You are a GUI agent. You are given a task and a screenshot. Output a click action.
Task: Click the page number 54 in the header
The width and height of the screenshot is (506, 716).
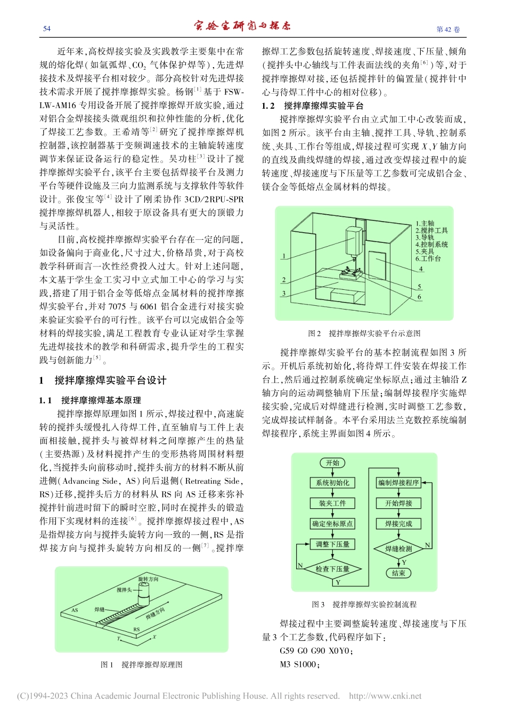click(x=47, y=29)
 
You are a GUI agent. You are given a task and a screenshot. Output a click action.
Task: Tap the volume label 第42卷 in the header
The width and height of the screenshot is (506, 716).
click(x=448, y=29)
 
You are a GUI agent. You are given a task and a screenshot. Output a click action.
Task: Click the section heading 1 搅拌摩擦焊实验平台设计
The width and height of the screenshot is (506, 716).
click(x=103, y=380)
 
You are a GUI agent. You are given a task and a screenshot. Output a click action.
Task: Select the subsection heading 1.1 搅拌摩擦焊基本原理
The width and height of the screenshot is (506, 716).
click(x=90, y=400)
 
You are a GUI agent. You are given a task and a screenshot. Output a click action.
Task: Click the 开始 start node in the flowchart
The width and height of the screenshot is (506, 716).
click(x=332, y=463)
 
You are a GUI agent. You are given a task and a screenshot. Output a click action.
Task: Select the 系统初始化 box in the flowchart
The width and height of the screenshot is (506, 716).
click(x=332, y=483)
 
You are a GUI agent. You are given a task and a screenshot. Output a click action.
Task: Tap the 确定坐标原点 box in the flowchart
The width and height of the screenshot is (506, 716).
click(x=332, y=524)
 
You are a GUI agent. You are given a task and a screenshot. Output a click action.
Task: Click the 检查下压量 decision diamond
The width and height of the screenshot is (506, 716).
click(x=332, y=568)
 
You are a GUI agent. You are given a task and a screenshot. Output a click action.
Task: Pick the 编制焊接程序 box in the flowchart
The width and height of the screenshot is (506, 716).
click(x=398, y=483)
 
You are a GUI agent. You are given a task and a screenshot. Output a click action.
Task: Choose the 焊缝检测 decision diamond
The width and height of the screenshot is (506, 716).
click(x=398, y=548)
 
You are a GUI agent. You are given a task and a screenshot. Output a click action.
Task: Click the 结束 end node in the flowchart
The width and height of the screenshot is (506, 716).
click(x=398, y=573)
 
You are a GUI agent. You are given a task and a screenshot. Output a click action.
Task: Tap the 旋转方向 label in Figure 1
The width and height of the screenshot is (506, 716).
click(x=148, y=579)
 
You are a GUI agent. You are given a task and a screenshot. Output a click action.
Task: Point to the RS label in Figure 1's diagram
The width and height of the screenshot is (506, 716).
click(x=136, y=629)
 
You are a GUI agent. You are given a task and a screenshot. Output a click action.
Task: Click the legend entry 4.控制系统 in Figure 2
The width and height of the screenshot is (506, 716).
click(x=431, y=245)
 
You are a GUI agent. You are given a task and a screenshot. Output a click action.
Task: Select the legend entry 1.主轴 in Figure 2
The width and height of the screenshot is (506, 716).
click(x=425, y=224)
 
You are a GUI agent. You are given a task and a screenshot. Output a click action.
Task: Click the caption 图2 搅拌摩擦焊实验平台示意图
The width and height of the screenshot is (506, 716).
click(x=364, y=333)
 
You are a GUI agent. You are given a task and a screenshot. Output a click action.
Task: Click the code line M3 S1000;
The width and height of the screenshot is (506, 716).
click(x=299, y=664)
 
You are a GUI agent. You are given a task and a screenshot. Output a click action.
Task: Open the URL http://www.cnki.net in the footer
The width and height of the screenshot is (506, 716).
click(x=385, y=696)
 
